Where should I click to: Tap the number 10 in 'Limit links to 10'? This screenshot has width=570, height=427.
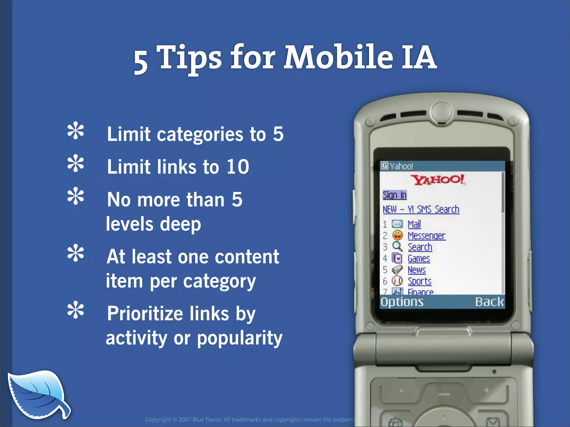click(x=237, y=167)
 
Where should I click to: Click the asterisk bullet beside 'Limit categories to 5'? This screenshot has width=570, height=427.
click(x=75, y=131)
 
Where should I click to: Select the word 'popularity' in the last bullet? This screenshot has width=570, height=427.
click(x=240, y=338)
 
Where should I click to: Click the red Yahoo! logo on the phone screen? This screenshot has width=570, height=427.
click(x=438, y=180)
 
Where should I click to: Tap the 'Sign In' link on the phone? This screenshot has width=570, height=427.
click(x=394, y=195)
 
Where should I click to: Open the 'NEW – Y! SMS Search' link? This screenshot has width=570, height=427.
click(x=421, y=209)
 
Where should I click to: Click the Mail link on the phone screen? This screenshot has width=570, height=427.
click(x=414, y=224)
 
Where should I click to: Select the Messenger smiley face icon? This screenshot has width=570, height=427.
click(x=397, y=235)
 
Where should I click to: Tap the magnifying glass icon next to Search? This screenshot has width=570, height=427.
click(x=397, y=247)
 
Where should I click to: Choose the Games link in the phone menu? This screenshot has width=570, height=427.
click(x=419, y=259)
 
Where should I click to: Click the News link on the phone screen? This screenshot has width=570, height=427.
click(x=416, y=270)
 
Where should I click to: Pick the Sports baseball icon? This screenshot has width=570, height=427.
click(x=397, y=281)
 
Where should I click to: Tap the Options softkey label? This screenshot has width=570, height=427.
click(x=402, y=302)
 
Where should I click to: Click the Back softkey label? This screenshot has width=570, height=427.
click(x=489, y=302)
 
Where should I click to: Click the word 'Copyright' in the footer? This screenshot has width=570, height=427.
click(x=158, y=419)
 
